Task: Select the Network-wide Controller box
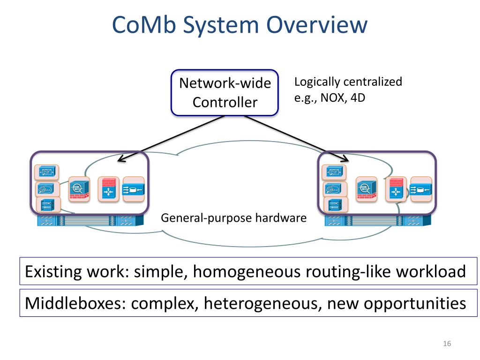coord(225,93)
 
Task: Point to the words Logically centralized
coord(348,82)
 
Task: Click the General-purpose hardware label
coord(233,218)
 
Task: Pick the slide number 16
coord(447,344)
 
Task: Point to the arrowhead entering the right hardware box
coord(345,158)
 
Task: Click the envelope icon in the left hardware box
coord(46,172)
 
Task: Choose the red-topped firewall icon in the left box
coord(108,189)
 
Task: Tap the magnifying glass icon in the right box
coord(367,189)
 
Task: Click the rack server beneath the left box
coord(90,220)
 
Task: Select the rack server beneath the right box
coord(378,220)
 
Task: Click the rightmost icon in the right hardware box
coord(421,189)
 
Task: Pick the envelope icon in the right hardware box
coord(334,172)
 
